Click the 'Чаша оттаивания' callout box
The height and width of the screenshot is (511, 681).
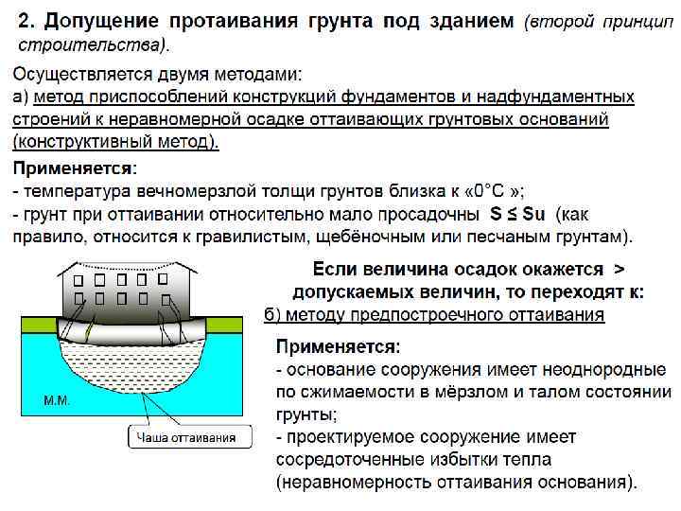(x=189, y=437)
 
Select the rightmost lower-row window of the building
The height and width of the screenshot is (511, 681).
(x=163, y=298)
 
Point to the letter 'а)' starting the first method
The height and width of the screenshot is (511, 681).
(x=20, y=97)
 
